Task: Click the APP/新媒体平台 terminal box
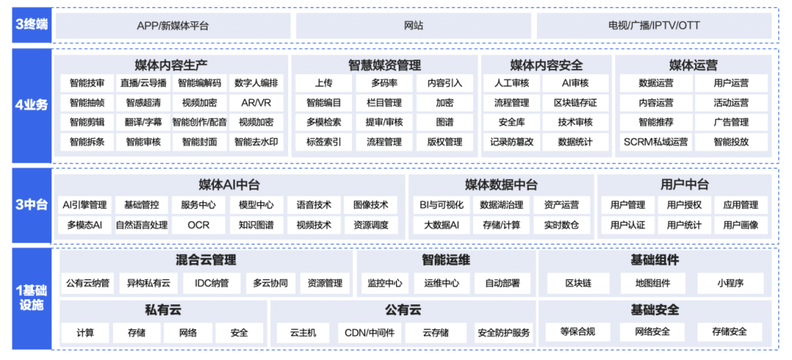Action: [x=173, y=26]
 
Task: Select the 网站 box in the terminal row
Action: [x=414, y=26]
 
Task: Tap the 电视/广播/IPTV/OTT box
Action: [x=654, y=26]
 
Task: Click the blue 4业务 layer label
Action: [x=32, y=106]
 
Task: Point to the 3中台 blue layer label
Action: [x=32, y=205]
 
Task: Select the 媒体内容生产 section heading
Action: [x=171, y=65]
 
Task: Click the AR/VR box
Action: [x=257, y=103]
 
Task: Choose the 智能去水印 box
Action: [x=257, y=142]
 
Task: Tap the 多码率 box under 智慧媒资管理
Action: [x=384, y=84]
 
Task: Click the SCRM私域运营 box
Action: [x=656, y=142]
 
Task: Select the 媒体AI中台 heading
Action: [x=230, y=185]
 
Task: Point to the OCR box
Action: [x=199, y=225]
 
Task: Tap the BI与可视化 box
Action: [x=441, y=205]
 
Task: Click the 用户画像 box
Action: [x=741, y=225]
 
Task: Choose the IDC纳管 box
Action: [x=212, y=283]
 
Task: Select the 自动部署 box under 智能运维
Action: [x=503, y=283]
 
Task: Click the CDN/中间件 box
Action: [x=366, y=333]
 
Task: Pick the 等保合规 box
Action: [x=578, y=331]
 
